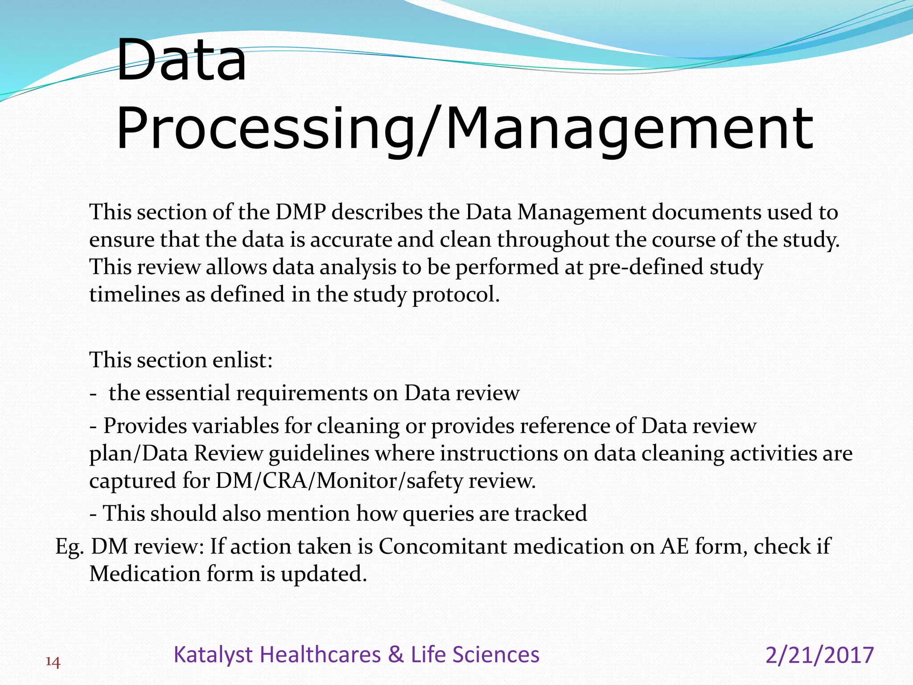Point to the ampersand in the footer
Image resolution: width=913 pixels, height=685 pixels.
click(x=395, y=655)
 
